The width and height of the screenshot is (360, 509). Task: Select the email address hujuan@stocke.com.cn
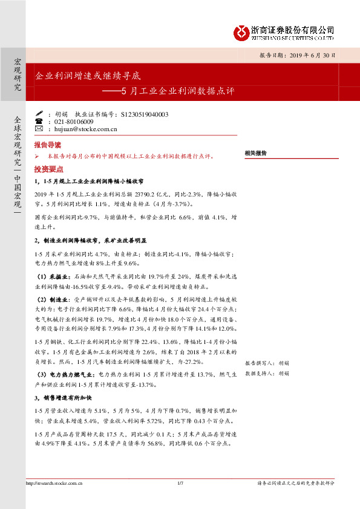80,129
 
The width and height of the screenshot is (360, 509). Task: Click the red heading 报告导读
48,146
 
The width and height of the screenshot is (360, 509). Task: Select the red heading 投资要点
48,169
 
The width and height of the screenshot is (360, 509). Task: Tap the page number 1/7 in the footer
180,483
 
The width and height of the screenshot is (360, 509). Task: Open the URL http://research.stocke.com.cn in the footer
54,483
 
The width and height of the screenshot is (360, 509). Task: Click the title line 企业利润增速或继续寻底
88,77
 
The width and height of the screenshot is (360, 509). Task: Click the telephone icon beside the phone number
39,122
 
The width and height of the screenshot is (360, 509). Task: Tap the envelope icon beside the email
39,129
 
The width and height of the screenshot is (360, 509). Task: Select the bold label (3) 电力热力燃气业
65,375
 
